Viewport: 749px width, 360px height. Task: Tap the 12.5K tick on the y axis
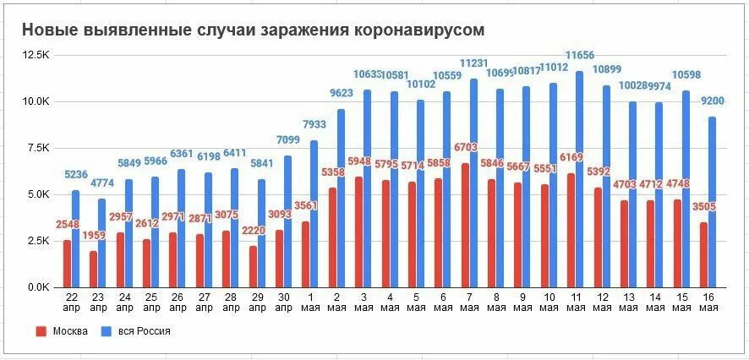click(37, 54)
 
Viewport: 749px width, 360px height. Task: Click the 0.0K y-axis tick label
click(39, 287)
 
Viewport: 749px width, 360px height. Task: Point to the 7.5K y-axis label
click(39, 147)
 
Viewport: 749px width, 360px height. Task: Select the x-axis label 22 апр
click(74, 301)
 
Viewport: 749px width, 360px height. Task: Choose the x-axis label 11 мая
click(575, 301)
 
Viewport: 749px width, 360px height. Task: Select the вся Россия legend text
click(145, 331)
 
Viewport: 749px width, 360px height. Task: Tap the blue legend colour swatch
click(106, 331)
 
